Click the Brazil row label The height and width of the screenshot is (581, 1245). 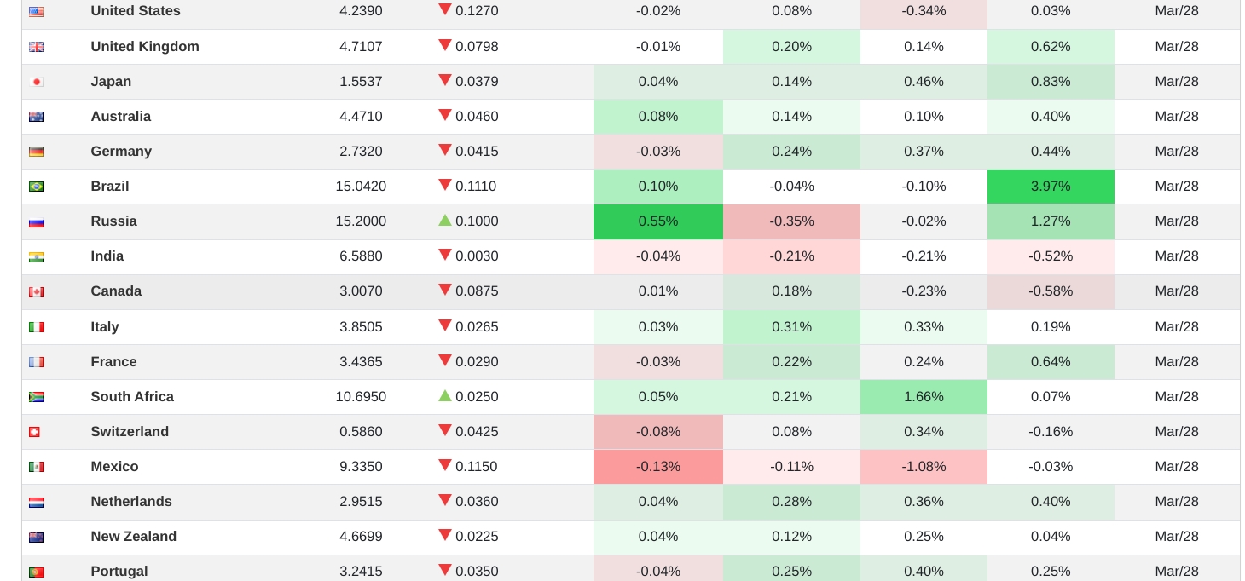pos(110,187)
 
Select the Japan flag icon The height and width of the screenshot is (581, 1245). pos(37,82)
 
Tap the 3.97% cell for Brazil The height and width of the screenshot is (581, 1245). pos(1050,187)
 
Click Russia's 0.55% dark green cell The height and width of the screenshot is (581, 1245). pos(657,221)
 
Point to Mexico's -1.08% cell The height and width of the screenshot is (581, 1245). pos(924,467)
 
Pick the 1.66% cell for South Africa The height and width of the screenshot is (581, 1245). pos(924,397)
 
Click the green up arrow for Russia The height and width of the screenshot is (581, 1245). pos(445,220)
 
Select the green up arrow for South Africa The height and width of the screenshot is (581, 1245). pos(445,395)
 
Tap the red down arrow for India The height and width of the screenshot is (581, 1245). pos(445,255)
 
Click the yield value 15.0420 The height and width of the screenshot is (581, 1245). pos(361,187)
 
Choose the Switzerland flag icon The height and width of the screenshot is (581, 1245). pos(35,432)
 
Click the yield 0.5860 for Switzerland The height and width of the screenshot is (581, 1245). pos(361,432)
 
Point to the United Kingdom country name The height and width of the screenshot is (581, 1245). pos(145,47)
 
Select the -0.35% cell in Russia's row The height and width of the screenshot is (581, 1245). pos(791,221)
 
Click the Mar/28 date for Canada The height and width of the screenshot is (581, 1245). pos(1177,291)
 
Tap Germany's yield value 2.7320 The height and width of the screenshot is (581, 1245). pos(361,152)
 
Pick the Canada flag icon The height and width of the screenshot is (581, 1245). pos(37,292)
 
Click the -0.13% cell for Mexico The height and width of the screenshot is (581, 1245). pos(657,467)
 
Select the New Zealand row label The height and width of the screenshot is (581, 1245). pos(134,537)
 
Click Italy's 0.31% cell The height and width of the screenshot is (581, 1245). pos(791,327)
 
